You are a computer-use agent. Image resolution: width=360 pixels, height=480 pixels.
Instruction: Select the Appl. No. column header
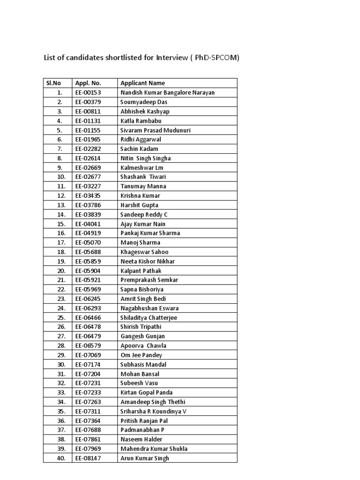[x=88, y=83]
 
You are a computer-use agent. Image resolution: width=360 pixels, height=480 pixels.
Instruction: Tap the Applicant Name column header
[x=142, y=83]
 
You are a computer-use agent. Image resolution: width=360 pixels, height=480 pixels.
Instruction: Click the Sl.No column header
[x=53, y=83]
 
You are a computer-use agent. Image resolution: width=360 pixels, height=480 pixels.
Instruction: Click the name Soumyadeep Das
[x=144, y=102]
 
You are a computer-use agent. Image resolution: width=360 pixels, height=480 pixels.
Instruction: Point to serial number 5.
[x=60, y=130]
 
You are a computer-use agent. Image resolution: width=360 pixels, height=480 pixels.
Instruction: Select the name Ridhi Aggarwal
[x=141, y=139]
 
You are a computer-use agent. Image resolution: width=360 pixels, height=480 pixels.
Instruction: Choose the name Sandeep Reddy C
[x=144, y=214]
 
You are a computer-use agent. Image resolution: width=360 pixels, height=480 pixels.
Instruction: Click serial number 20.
[x=61, y=270]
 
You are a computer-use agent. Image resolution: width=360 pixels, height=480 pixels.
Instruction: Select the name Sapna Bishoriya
[x=142, y=289]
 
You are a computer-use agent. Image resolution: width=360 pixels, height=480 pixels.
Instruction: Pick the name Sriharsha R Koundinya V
[x=153, y=411]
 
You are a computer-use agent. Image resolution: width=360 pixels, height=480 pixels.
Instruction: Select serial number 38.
[x=61, y=439]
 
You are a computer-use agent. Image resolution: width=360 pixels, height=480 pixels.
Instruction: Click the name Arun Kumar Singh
[x=144, y=458]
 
